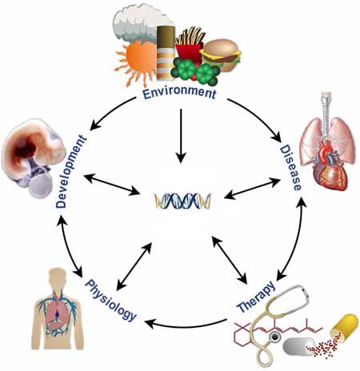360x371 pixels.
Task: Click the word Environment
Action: click(179, 94)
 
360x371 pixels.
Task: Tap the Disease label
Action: click(291, 168)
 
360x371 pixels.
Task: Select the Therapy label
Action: click(256, 297)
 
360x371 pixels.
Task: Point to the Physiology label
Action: click(110, 300)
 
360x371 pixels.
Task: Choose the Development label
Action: click(71, 172)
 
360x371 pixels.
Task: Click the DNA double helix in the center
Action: click(183, 201)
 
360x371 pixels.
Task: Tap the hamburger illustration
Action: click(221, 54)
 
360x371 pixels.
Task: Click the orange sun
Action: click(138, 62)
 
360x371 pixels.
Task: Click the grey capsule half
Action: click(298, 346)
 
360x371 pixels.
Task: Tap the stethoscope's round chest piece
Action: click(274, 338)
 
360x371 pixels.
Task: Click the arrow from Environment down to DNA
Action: click(181, 135)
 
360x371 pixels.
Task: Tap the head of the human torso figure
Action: click(58, 277)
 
